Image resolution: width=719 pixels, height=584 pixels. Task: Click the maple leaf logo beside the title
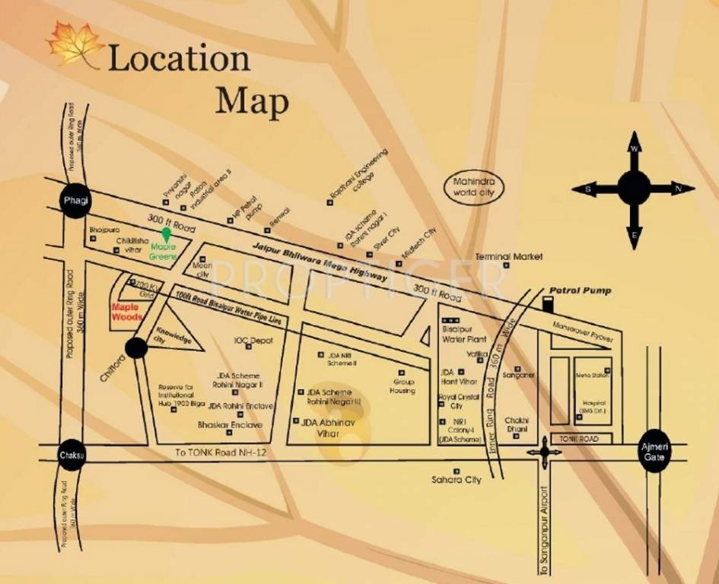[x=74, y=43]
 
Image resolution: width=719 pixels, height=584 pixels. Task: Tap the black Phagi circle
[x=75, y=201]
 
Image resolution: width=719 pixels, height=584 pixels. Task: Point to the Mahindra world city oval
[x=474, y=188]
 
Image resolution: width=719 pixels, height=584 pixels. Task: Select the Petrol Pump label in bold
[x=581, y=290]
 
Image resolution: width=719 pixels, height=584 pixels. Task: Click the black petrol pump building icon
[x=548, y=304]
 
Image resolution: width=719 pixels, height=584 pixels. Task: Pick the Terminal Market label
[x=510, y=257]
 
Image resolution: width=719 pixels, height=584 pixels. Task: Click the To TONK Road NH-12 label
[x=218, y=452]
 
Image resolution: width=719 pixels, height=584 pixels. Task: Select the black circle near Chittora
[x=135, y=348]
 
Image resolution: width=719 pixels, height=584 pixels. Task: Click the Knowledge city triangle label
[x=174, y=335]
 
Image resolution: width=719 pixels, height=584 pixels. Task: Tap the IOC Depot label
[x=253, y=341]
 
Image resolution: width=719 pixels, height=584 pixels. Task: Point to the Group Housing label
[x=403, y=386]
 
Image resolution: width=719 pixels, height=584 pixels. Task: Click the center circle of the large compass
[x=633, y=188]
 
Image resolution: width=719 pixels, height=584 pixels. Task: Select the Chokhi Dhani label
[x=517, y=424]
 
